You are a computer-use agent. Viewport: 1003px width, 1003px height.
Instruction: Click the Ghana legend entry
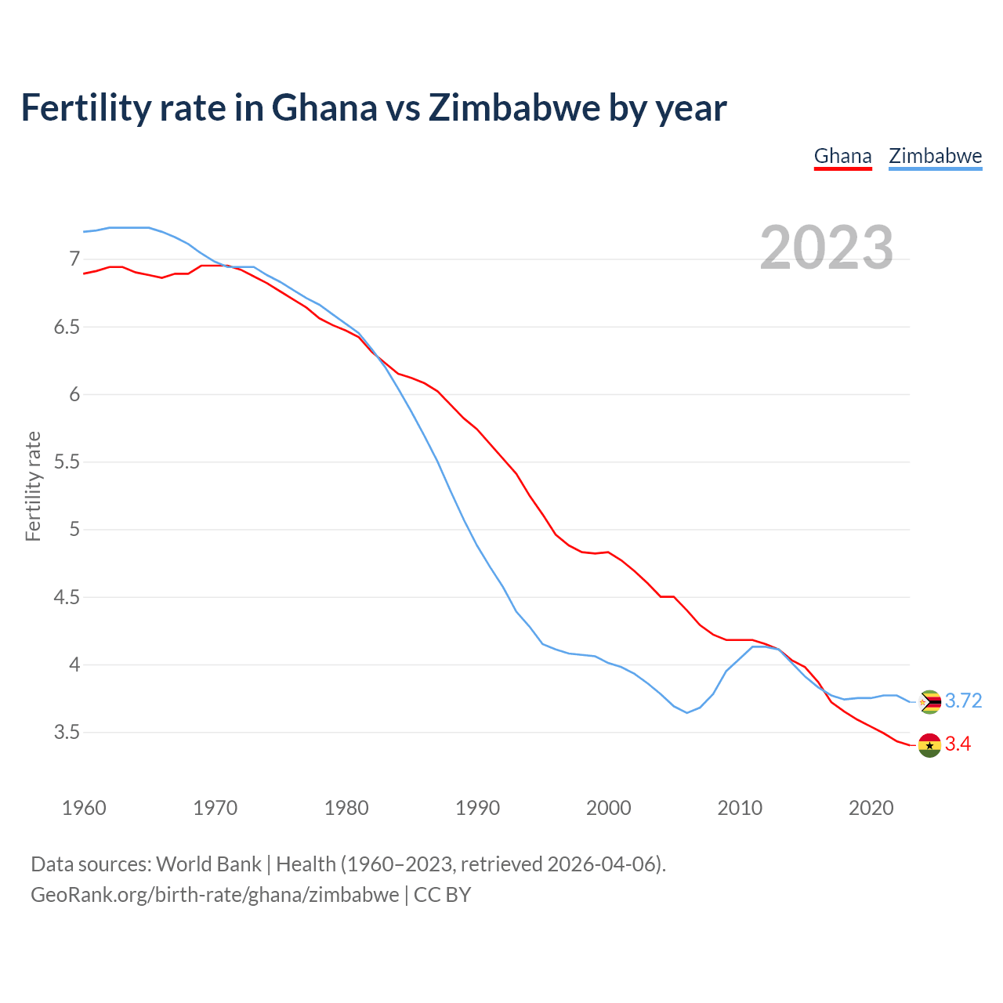pyautogui.click(x=842, y=156)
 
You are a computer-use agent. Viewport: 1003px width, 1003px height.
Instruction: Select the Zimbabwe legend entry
pyautogui.click(x=935, y=156)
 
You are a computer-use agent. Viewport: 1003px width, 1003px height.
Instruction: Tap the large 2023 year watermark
pyautogui.click(x=827, y=248)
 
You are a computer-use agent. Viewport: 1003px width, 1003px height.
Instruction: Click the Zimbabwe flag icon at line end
pyautogui.click(x=929, y=701)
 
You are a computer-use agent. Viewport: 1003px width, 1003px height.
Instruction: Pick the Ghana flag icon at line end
pyautogui.click(x=929, y=744)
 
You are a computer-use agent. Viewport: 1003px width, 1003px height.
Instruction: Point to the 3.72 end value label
pyautogui.click(x=963, y=701)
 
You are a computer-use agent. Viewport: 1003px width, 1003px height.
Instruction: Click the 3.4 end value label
pyautogui.click(x=958, y=744)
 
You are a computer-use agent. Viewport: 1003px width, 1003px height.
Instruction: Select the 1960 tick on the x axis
pyautogui.click(x=84, y=808)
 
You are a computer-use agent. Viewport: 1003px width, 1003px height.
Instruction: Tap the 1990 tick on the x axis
pyautogui.click(x=477, y=808)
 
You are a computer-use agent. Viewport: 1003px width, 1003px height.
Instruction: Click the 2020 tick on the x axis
pyautogui.click(x=871, y=808)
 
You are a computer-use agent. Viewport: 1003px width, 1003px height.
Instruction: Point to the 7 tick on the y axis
pyautogui.click(x=74, y=259)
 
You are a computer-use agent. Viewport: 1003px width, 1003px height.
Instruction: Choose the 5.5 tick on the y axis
pyautogui.click(x=67, y=462)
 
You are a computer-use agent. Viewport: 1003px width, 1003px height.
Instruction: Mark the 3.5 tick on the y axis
pyautogui.click(x=67, y=733)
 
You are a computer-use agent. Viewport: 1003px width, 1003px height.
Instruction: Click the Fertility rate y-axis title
pyautogui.click(x=33, y=486)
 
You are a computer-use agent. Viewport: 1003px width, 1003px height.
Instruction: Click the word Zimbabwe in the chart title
pyautogui.click(x=512, y=107)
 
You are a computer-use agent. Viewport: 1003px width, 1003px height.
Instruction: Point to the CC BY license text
pyautogui.click(x=442, y=895)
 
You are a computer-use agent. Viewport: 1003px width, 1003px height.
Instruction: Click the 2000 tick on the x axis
pyautogui.click(x=609, y=808)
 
